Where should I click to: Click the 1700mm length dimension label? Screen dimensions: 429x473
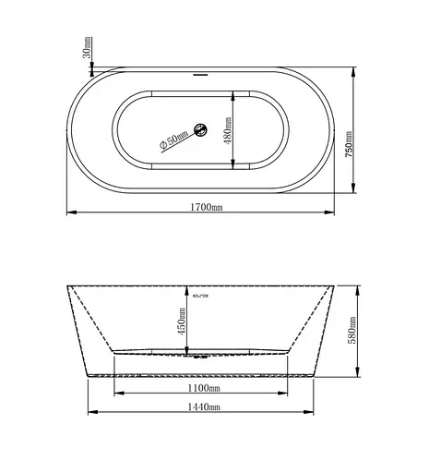(207, 207)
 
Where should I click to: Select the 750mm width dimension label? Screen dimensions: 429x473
(349, 145)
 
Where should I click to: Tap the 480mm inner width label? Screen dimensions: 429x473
(228, 130)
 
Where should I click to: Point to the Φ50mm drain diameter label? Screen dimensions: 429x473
(173, 140)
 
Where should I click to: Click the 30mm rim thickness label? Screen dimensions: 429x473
(88, 47)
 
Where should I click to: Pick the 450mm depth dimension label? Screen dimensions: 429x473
(182, 321)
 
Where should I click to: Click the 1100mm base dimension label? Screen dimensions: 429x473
(204, 388)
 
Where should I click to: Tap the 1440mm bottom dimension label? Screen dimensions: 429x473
(204, 406)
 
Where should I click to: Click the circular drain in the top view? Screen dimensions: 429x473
(201, 129)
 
